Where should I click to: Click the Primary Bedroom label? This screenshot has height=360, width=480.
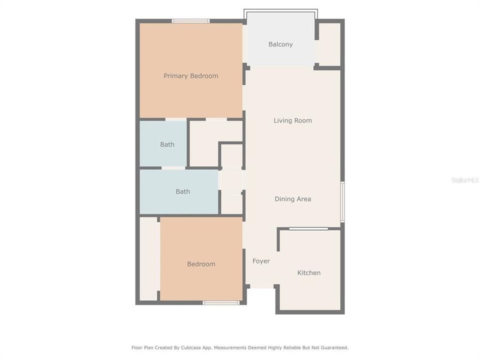[x=190, y=76]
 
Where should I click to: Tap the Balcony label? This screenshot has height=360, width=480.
[x=280, y=44]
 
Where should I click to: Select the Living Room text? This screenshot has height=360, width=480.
[x=292, y=120]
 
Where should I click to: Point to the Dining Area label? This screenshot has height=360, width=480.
[x=292, y=199]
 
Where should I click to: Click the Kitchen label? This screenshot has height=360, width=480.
[x=308, y=273]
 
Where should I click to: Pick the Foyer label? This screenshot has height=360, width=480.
[x=261, y=261]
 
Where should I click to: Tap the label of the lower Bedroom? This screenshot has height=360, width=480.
[x=201, y=264]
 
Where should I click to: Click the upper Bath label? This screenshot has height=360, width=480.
[x=167, y=144]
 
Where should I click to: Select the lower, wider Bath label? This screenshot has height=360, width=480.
[x=182, y=191]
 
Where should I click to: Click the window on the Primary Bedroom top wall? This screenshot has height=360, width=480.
[x=190, y=21]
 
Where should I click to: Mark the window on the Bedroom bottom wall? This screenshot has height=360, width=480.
[x=221, y=302]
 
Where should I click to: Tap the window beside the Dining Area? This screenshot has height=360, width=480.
[x=342, y=201]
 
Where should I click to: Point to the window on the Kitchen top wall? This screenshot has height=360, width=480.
[x=308, y=229]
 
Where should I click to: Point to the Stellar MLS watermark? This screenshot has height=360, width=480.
[x=464, y=179]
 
